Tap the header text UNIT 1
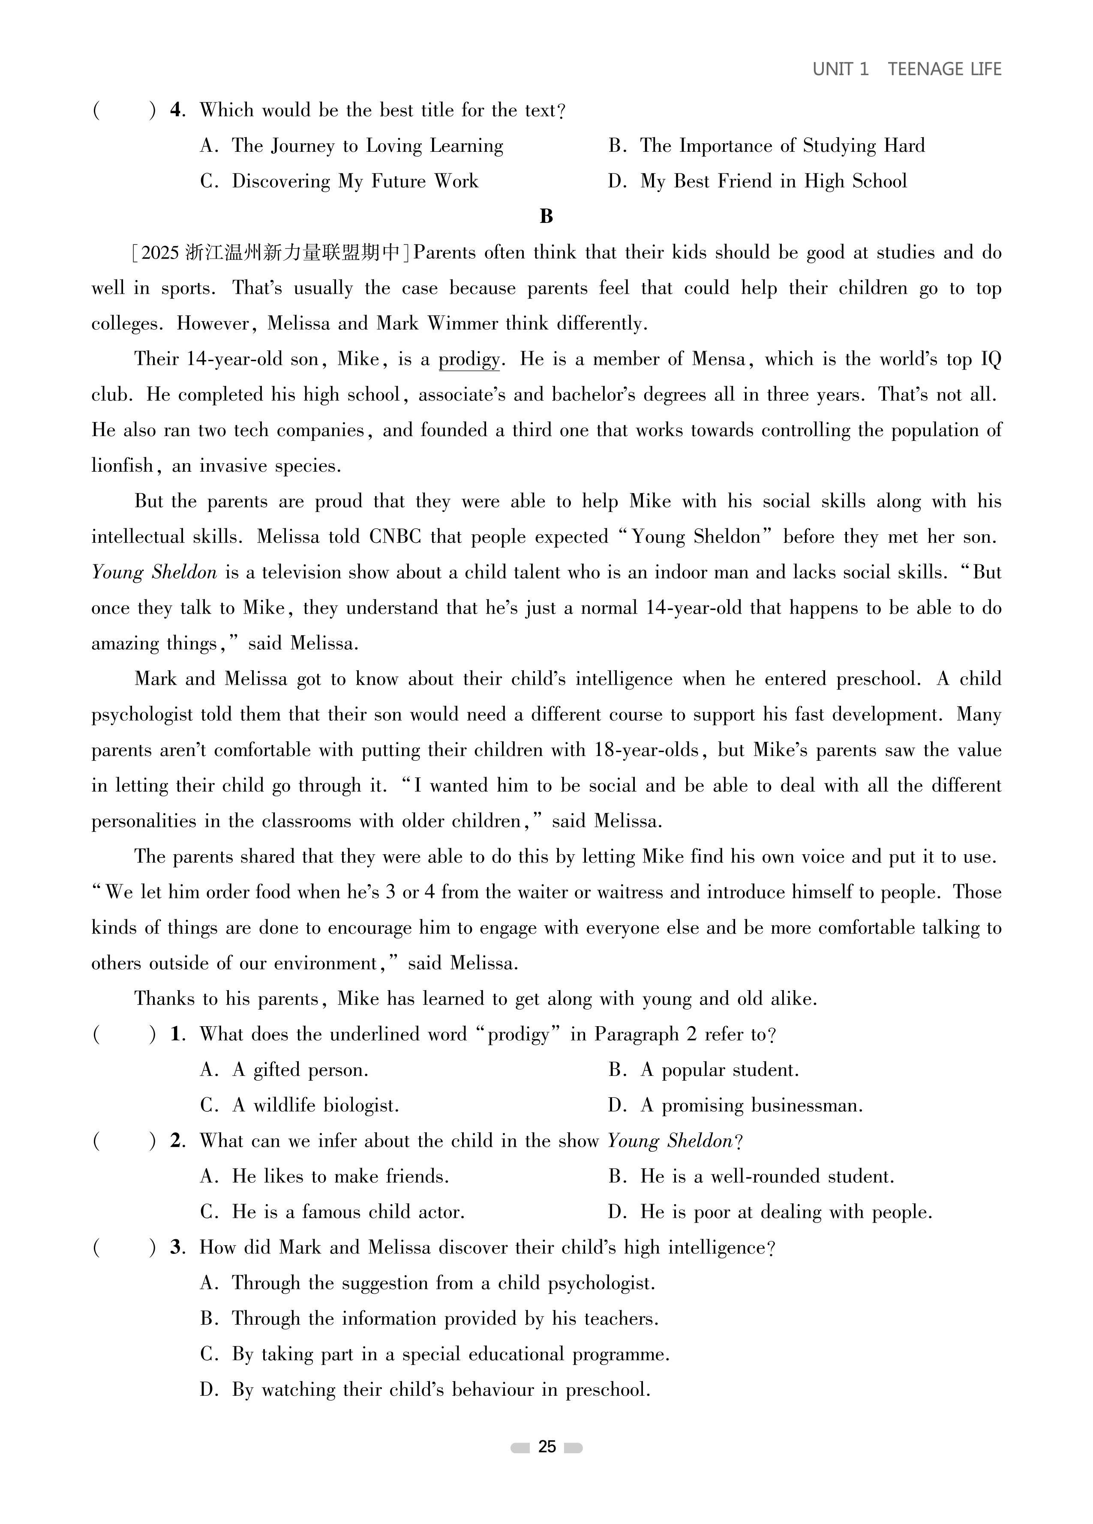[x=841, y=69]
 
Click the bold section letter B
[x=546, y=217]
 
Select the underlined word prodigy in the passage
[x=469, y=359]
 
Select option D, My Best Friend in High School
[x=772, y=181]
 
